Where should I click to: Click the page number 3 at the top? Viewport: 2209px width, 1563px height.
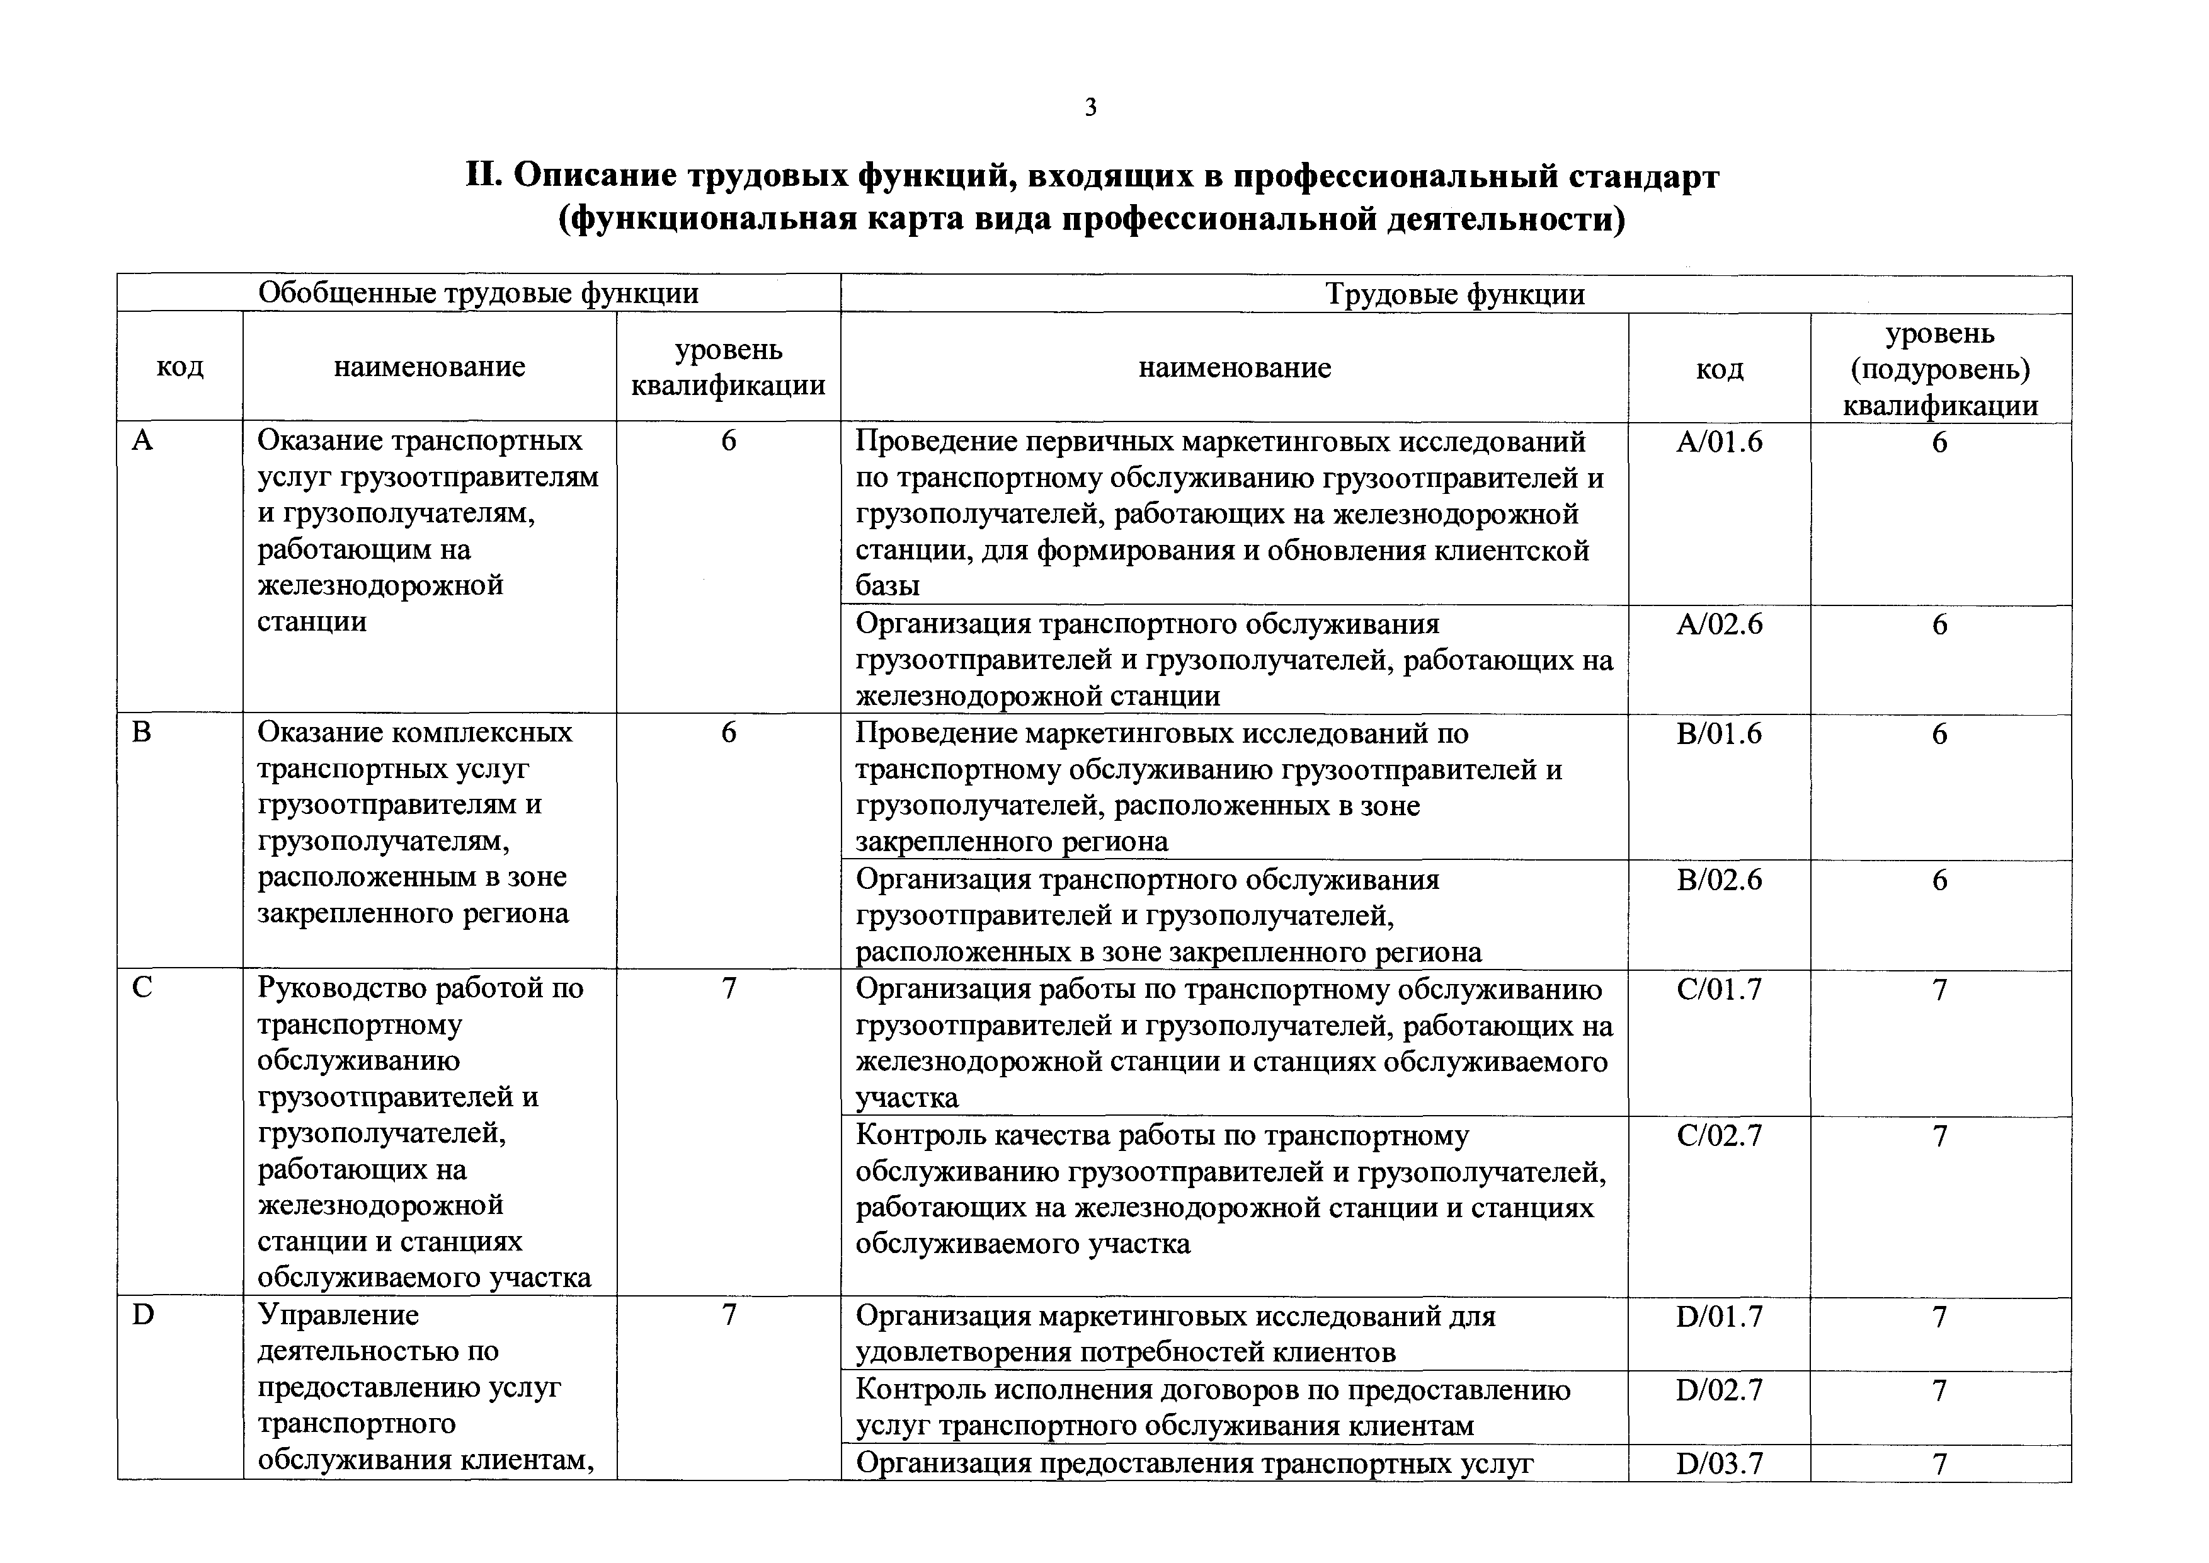pyautogui.click(x=1090, y=108)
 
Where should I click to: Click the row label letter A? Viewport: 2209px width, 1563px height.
pyautogui.click(x=142, y=441)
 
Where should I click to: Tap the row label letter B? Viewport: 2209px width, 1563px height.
pyautogui.click(x=142, y=733)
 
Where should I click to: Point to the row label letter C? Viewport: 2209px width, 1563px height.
pyautogui.click(x=142, y=988)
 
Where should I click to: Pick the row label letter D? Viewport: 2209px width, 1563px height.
pyautogui.click(x=142, y=1315)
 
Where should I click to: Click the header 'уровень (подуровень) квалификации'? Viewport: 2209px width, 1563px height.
pyautogui.click(x=1939, y=369)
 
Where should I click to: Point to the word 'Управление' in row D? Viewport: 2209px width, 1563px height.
pyautogui.click(x=338, y=1315)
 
